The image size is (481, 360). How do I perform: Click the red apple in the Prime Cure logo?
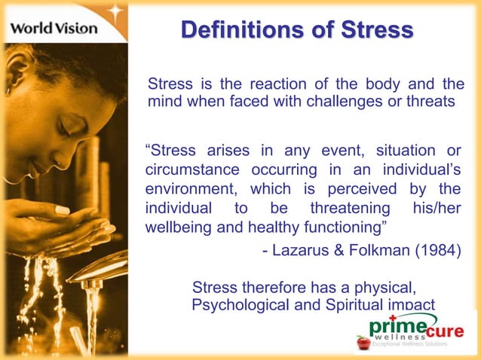point(363,342)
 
